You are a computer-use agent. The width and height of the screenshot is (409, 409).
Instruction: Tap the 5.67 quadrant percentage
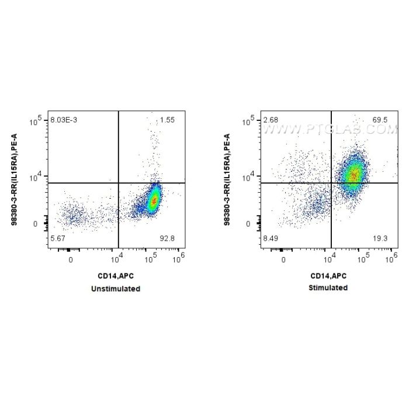point(58,238)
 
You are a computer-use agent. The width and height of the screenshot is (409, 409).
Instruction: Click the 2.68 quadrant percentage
point(270,120)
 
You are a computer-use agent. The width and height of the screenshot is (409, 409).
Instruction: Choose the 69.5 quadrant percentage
point(380,120)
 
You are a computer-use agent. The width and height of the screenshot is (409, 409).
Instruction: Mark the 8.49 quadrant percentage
point(271,238)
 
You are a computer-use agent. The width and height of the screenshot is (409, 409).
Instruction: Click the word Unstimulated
point(116,289)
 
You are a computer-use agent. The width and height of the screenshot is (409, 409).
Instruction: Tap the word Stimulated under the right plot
point(328,288)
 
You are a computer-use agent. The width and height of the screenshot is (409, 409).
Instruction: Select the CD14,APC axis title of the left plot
point(116,276)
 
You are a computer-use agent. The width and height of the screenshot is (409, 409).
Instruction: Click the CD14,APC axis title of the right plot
point(328,276)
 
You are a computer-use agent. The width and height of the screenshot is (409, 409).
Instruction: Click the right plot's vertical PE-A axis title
point(227,179)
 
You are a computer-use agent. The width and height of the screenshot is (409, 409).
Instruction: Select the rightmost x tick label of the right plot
point(393,257)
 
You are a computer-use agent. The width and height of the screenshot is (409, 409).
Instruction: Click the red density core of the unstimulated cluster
point(154,200)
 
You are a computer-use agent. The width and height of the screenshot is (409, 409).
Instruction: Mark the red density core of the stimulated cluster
point(352,175)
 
